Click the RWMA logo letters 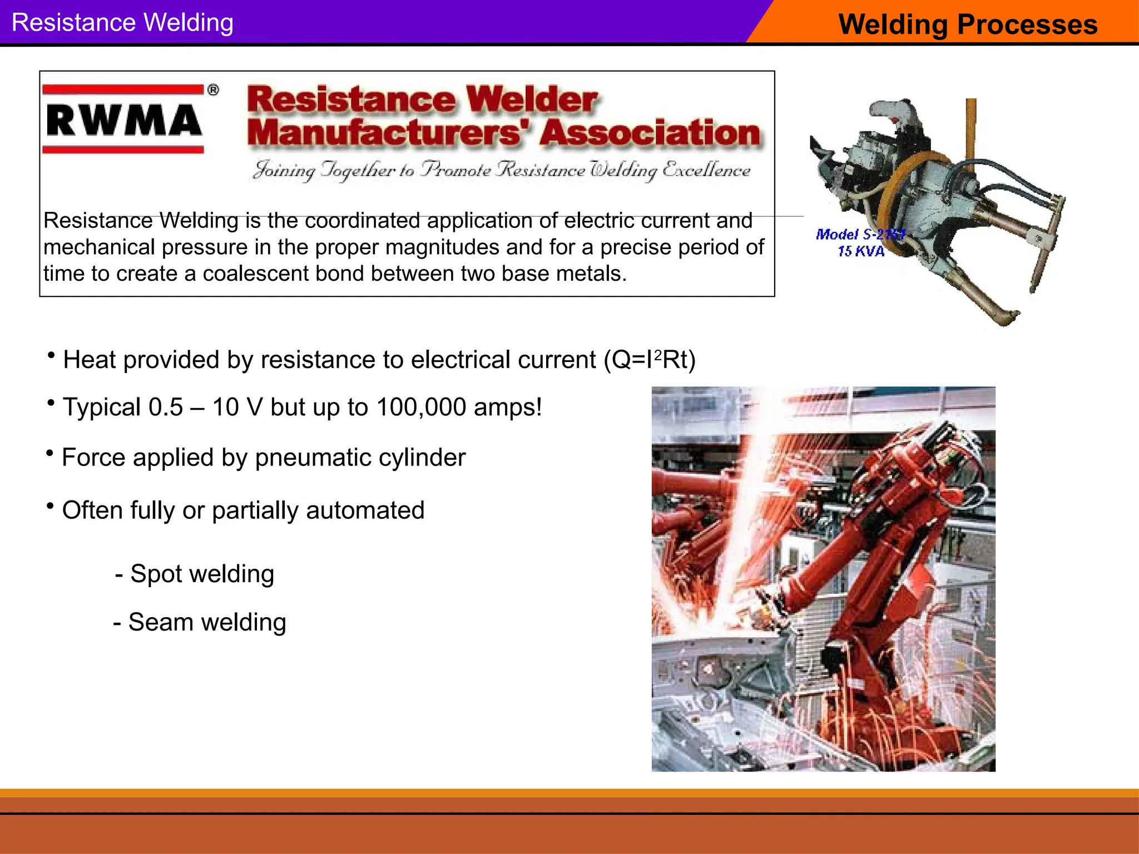coord(123,120)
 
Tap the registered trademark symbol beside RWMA coord(213,90)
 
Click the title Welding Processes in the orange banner coord(968,24)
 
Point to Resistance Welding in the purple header coord(122,23)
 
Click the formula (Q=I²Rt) coord(650,360)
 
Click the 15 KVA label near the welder coord(861,251)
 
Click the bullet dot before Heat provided coord(51,355)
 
